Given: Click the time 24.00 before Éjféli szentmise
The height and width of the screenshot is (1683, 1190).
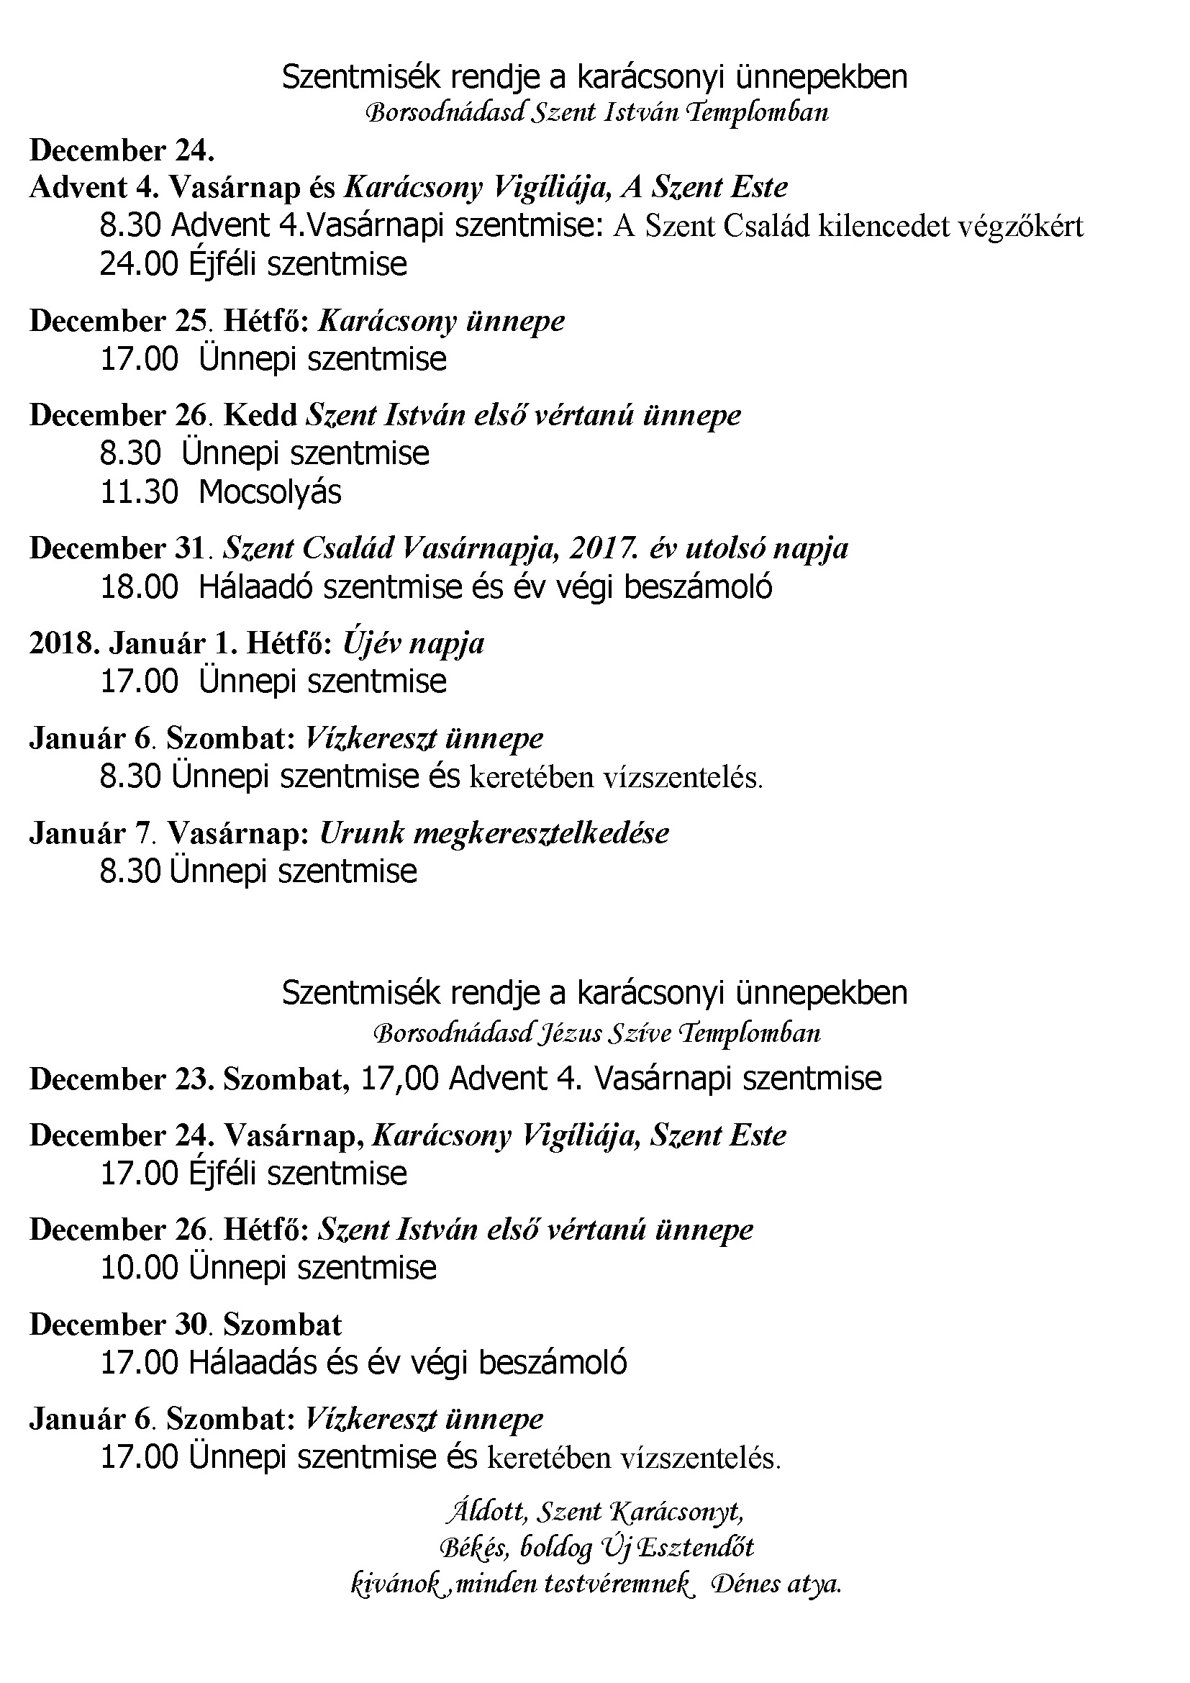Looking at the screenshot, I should [x=138, y=264].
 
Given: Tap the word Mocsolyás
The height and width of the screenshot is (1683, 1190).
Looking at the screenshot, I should [x=270, y=492].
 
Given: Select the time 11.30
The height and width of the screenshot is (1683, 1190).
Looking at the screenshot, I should [x=138, y=492].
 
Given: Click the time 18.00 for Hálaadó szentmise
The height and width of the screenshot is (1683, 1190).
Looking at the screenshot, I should [x=138, y=587].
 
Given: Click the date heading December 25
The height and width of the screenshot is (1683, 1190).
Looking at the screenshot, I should [x=117, y=321].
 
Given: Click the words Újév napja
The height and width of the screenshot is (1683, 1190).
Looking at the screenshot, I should [x=413, y=643].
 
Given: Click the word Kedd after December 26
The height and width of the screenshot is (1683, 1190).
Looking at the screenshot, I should [x=260, y=416].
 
